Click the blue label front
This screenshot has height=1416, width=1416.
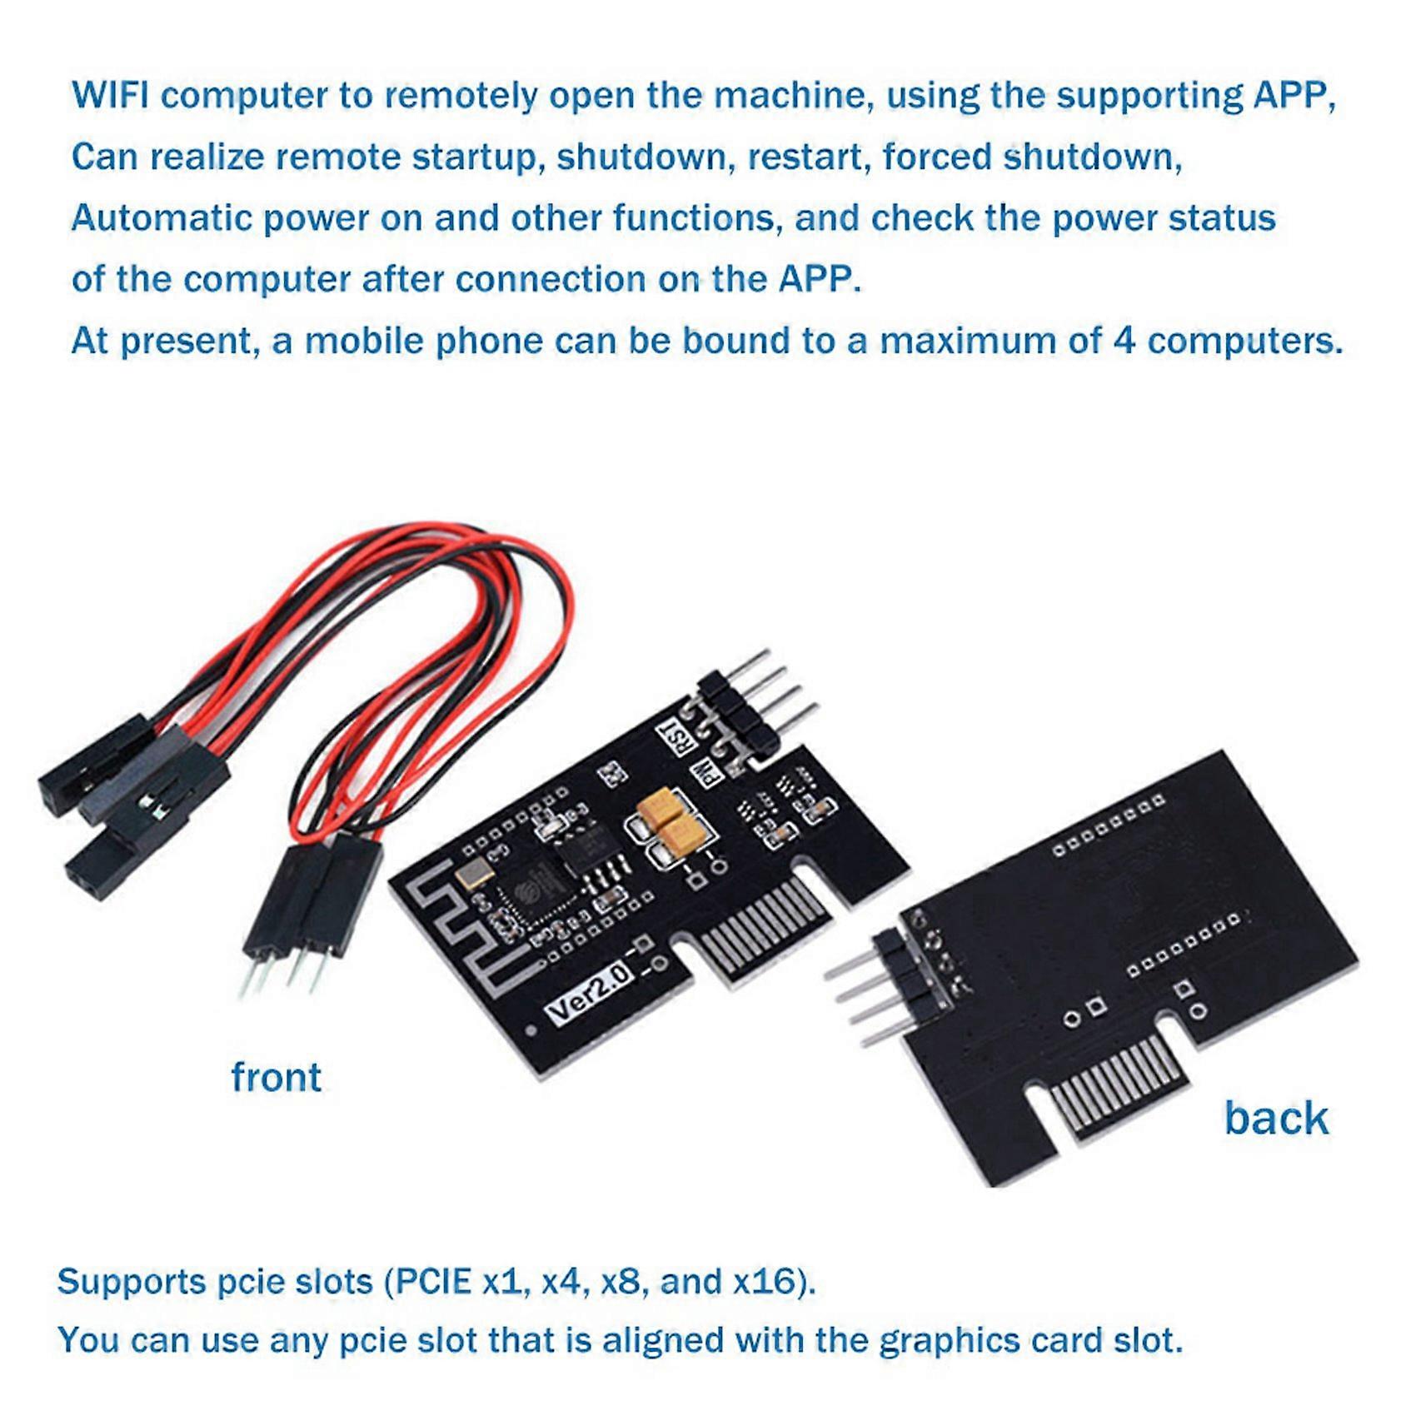click(x=276, y=1077)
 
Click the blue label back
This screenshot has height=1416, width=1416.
click(x=1275, y=1118)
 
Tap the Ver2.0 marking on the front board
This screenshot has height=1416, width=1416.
click(x=589, y=993)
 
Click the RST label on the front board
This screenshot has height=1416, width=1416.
click(x=668, y=738)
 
